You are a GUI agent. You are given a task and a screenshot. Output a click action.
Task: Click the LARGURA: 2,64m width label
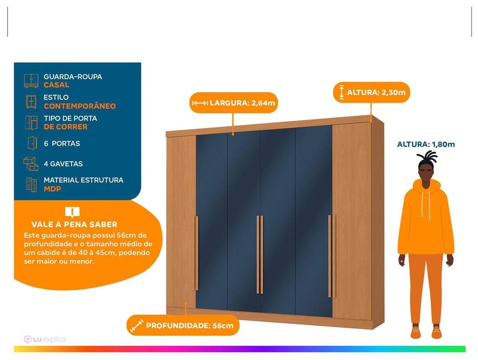[234, 102]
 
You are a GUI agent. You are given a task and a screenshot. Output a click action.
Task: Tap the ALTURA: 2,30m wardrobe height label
[371, 92]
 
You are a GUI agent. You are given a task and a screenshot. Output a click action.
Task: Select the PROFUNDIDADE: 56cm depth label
[183, 325]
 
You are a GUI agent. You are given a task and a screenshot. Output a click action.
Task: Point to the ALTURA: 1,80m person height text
[426, 144]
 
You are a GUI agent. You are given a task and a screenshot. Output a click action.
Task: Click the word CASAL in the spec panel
[56, 85]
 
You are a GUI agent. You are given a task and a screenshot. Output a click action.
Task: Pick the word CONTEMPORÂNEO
[80, 106]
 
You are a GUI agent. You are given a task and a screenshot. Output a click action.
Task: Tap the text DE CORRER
[65, 127]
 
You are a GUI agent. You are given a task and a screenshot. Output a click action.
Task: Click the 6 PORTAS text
[62, 143]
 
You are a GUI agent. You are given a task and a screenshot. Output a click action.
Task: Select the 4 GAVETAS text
[63, 163]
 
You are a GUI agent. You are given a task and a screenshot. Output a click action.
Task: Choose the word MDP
[52, 189]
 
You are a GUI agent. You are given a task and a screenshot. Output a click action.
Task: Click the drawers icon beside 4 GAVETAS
[31, 163]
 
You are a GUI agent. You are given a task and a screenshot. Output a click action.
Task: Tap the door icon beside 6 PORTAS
[32, 143]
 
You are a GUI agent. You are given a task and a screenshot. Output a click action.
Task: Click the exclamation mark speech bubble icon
[72, 212]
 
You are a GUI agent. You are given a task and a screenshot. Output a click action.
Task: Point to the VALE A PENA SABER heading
[74, 224]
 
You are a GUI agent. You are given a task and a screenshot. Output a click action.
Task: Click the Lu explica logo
[44, 339]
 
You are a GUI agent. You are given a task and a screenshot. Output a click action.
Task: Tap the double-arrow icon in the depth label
[136, 325]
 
